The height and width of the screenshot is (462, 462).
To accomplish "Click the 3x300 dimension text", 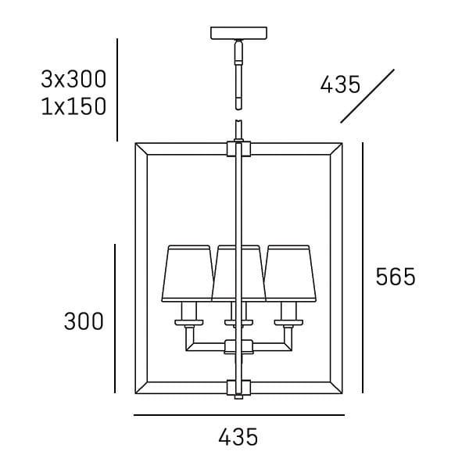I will click(x=73, y=79).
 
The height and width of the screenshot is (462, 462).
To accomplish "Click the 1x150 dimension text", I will click(x=73, y=106).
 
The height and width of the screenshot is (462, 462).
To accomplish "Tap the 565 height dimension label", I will click(x=396, y=277).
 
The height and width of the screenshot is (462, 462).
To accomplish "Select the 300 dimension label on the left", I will click(x=84, y=321).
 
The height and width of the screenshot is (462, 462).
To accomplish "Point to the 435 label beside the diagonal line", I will click(x=341, y=84).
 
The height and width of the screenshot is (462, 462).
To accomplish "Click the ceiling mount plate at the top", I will click(x=238, y=34).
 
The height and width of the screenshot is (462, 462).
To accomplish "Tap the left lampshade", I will click(x=188, y=274).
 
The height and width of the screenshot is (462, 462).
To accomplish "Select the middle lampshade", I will click(x=238, y=274).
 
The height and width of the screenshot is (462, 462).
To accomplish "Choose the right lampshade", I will click(x=289, y=274).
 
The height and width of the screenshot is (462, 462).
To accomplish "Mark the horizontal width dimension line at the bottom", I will click(x=238, y=415).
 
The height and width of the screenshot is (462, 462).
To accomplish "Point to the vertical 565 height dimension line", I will click(x=364, y=268).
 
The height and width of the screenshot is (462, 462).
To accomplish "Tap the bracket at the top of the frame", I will click(x=238, y=147).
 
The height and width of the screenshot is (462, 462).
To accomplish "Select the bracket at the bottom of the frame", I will click(x=238, y=387).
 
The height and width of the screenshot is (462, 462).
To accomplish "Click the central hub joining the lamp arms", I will click(x=238, y=347).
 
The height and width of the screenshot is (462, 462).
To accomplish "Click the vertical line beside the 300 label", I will click(x=116, y=319).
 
